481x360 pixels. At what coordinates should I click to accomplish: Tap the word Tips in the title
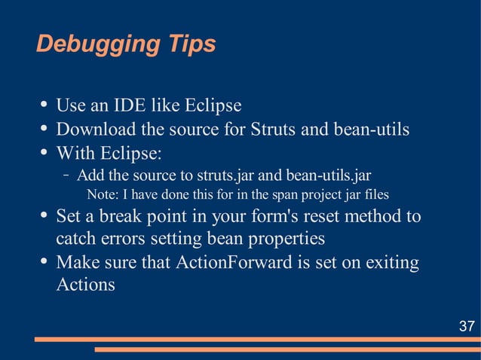[190, 44]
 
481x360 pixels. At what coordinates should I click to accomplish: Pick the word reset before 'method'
[328, 217]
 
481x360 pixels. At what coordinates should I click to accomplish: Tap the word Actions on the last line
[86, 285]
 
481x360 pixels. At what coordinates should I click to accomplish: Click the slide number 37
[467, 326]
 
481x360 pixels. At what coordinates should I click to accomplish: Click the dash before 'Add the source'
[66, 176]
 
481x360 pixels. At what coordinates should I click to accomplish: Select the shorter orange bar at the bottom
[287, 349]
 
